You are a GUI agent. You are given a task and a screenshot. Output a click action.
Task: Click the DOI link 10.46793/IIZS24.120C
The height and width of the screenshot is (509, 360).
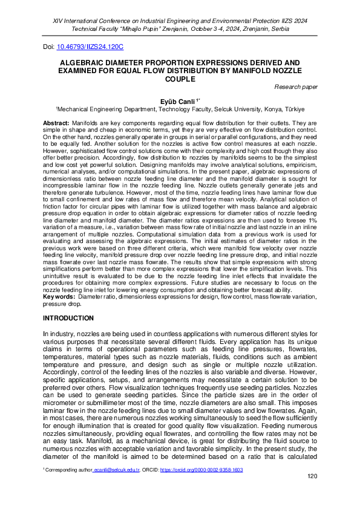pos(90,47)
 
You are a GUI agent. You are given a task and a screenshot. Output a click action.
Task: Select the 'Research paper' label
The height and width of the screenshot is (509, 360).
pos(296,87)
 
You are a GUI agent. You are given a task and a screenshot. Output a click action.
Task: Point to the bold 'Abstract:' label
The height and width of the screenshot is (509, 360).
pos(56,123)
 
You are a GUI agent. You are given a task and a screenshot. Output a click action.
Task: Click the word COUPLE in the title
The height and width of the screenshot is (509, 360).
pos(180,79)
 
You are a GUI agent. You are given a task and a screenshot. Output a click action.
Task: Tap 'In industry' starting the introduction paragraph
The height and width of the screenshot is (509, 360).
pos(59,334)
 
